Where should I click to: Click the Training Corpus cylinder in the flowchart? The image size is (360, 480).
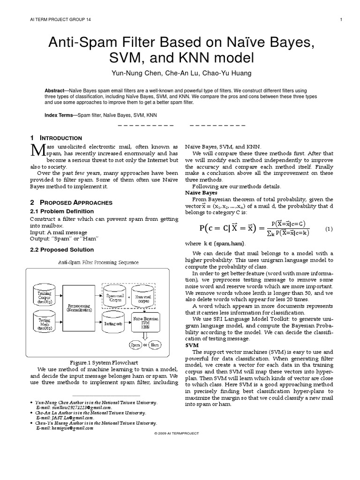click(x=45, y=296)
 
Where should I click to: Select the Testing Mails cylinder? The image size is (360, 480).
click(x=45, y=322)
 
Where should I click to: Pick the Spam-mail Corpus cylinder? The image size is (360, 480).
click(x=115, y=297)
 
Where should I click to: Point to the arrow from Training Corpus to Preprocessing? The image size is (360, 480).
click(x=61, y=298)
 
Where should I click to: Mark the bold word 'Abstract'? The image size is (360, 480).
click(x=56, y=90)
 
